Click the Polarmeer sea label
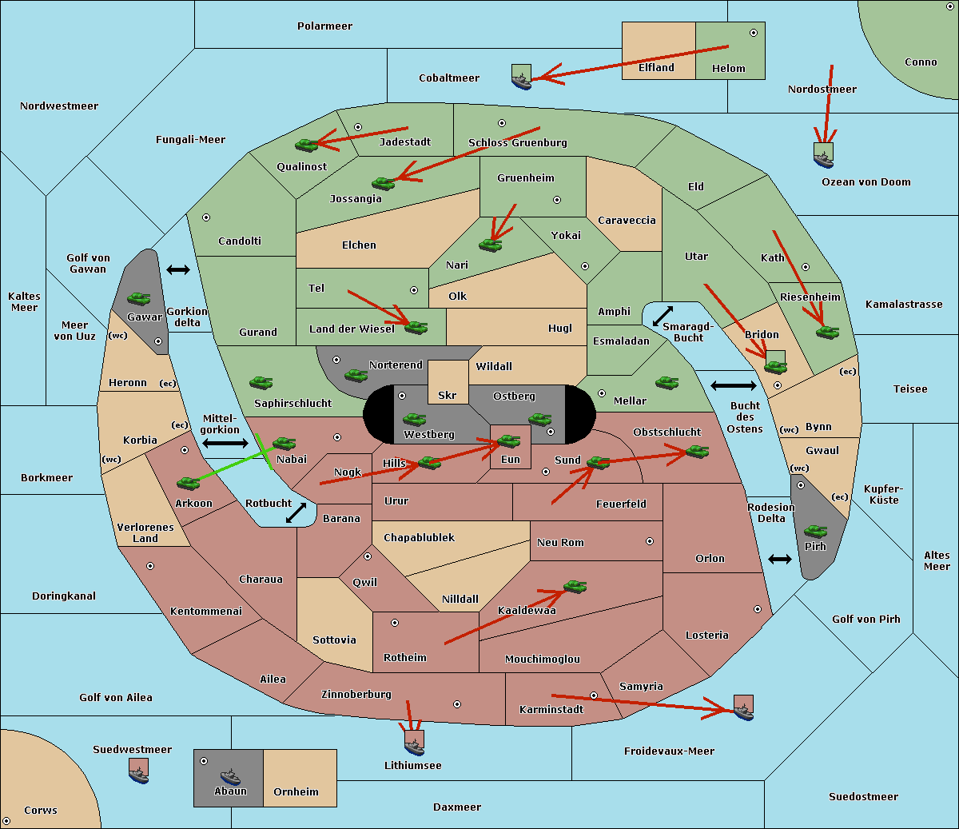pos(324,26)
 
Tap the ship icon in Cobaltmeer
pos(521,77)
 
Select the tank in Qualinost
pos(306,145)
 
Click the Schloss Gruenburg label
pos(517,143)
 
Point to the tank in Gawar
pos(139,298)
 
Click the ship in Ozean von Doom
pos(823,155)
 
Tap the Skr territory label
pos(448,395)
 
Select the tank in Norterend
pos(356,374)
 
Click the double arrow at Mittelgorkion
pos(225,443)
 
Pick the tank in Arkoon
pos(188,483)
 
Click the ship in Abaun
pos(230,775)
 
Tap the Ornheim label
pos(296,791)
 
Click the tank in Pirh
pos(815,531)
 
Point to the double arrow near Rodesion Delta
pos(780,559)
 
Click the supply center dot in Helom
pos(753,33)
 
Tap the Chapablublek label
pos(419,537)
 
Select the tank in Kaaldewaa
pos(575,587)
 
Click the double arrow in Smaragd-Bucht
pos(663,316)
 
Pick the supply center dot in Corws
pos(6,821)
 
